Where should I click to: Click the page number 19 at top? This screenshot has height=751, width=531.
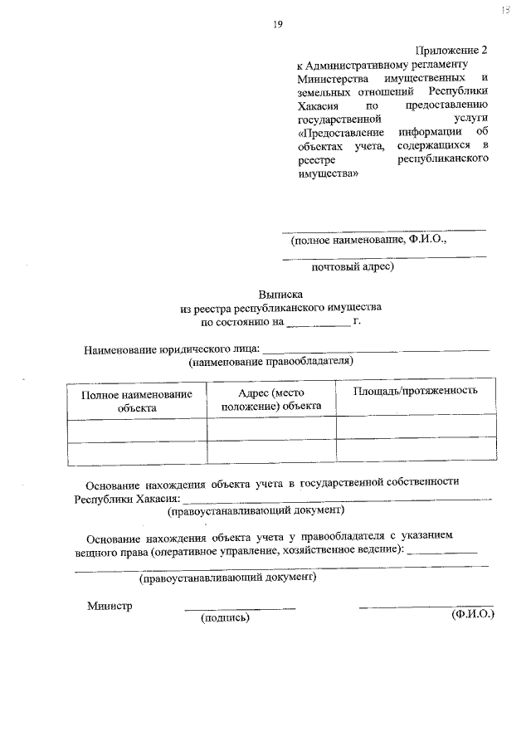(x=278, y=24)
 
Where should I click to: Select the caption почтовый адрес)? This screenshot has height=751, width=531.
(x=352, y=267)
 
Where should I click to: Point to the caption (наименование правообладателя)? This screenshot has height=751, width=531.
(x=271, y=362)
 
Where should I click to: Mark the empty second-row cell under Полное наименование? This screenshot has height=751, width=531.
(x=137, y=453)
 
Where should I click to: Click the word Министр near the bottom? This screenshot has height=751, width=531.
(x=110, y=606)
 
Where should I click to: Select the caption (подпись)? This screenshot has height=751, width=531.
(x=225, y=617)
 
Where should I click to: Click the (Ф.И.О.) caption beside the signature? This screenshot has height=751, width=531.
(x=472, y=615)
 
